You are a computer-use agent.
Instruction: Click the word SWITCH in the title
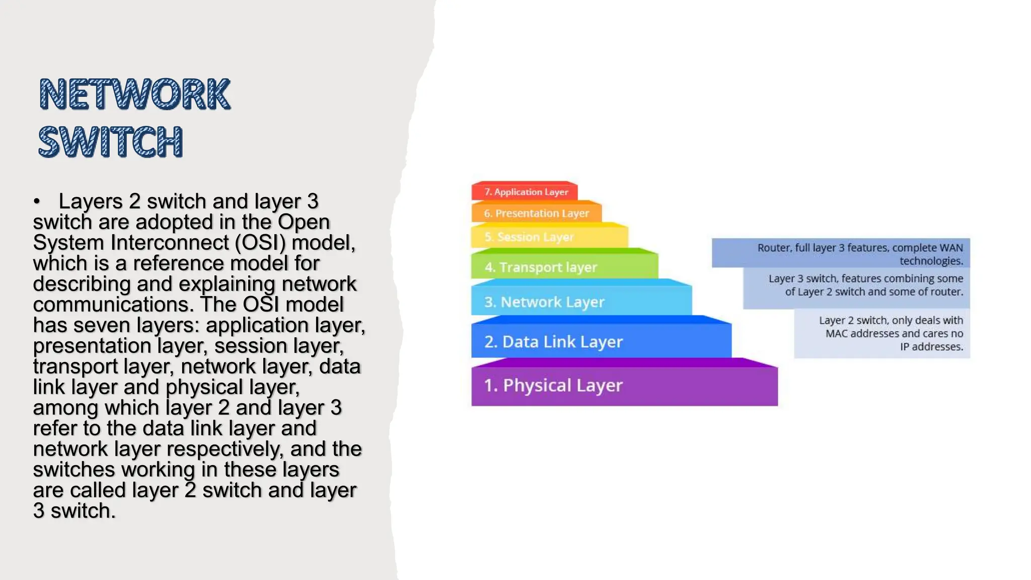[x=110, y=141]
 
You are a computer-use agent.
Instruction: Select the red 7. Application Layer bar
[x=525, y=192]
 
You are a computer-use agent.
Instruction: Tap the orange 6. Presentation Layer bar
[x=537, y=213]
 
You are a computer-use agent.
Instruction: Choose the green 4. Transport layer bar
[x=564, y=267]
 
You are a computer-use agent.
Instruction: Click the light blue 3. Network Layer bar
[x=581, y=302]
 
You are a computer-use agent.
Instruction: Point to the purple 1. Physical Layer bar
[x=624, y=386]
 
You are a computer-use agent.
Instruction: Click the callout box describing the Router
[x=841, y=254]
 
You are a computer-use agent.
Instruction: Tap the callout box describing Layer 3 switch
[x=856, y=285]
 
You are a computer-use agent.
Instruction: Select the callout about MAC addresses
[x=882, y=333]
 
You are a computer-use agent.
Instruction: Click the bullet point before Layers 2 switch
[x=37, y=202]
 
